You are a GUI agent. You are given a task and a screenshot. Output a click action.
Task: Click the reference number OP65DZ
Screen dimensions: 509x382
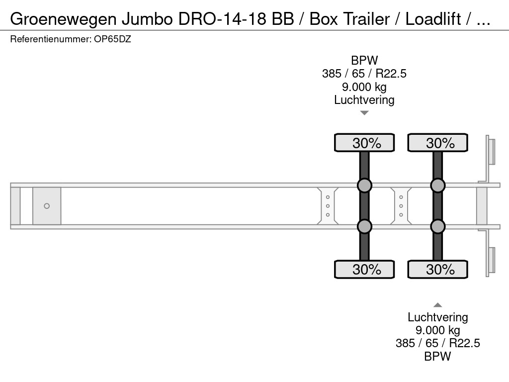(x=112, y=39)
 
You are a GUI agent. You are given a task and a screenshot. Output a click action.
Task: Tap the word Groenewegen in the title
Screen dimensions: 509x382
(x=63, y=19)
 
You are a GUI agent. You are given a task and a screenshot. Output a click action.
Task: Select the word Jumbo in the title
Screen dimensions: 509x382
(x=147, y=19)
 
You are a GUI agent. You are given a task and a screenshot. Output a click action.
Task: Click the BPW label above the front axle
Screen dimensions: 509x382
(x=364, y=60)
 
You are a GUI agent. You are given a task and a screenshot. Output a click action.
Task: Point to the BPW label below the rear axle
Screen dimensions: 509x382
(x=437, y=356)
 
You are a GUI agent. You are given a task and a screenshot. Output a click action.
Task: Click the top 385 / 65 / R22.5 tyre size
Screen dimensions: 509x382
(x=364, y=74)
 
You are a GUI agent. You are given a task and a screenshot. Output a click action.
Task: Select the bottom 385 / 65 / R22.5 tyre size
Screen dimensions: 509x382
(x=437, y=343)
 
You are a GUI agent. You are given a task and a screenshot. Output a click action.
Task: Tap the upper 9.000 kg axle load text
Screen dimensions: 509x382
(x=364, y=87)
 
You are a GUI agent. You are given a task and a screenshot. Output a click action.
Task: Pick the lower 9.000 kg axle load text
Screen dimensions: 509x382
(x=437, y=330)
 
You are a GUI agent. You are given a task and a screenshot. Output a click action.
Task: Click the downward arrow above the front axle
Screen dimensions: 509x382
(x=364, y=113)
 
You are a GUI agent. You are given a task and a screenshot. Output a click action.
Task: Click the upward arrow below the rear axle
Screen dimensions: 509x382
(x=437, y=305)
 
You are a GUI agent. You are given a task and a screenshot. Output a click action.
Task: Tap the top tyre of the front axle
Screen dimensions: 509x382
(x=364, y=143)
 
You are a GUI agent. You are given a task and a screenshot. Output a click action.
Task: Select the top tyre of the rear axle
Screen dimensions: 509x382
(x=437, y=143)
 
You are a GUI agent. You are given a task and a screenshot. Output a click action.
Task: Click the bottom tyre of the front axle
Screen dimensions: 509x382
(x=364, y=269)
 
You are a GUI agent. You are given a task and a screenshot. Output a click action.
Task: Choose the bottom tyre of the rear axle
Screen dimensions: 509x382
(x=437, y=269)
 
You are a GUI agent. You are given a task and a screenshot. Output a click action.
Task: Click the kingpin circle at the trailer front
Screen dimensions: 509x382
(x=47, y=206)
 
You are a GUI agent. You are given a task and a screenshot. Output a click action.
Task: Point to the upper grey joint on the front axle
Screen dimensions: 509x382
(x=364, y=186)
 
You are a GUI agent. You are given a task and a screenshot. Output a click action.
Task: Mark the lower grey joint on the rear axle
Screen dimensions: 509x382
(x=437, y=226)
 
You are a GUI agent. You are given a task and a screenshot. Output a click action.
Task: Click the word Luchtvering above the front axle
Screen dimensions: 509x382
(x=364, y=100)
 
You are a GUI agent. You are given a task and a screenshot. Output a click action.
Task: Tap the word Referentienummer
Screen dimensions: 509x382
(x=51, y=39)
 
